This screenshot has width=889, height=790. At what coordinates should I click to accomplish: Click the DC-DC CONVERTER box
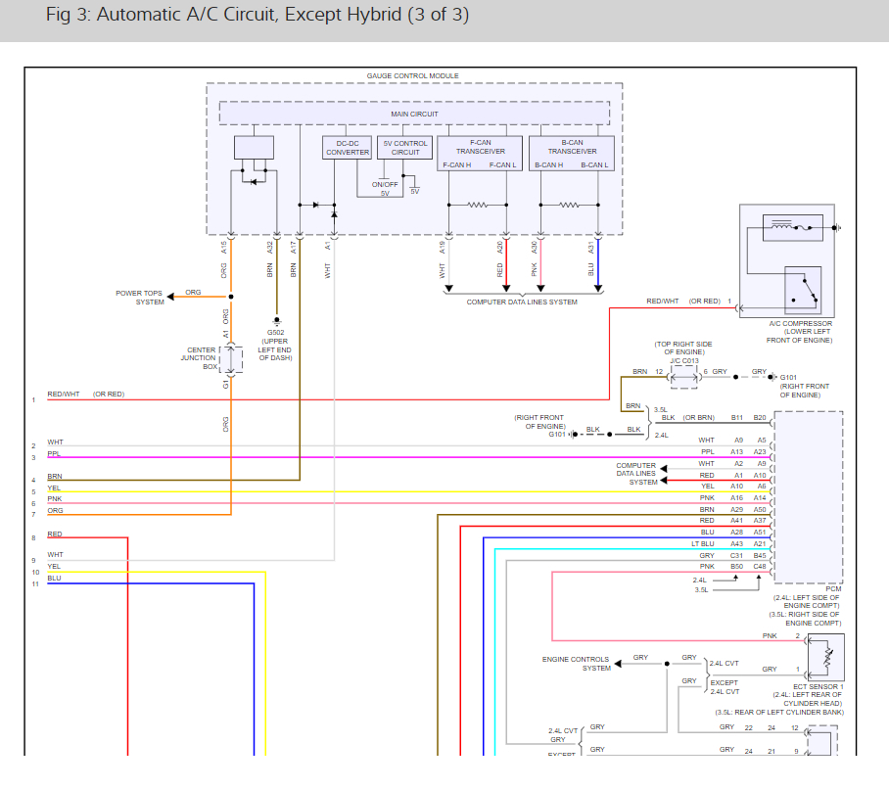click(347, 148)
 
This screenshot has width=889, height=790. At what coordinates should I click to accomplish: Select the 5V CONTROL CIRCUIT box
click(404, 148)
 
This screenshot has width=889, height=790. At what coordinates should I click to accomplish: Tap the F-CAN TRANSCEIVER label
click(480, 147)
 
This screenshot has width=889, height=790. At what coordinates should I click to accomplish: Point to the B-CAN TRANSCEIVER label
click(572, 147)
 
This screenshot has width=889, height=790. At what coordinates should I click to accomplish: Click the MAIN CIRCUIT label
click(414, 114)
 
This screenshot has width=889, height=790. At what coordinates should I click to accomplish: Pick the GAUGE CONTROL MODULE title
click(413, 75)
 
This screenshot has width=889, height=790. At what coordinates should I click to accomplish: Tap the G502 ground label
click(275, 333)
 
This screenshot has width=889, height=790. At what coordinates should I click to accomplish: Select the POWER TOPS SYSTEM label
click(139, 298)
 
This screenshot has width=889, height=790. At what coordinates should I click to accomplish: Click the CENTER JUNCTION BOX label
click(199, 358)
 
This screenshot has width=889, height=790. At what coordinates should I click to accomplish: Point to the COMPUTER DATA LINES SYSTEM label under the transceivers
click(522, 302)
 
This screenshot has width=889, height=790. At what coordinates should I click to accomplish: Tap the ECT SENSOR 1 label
click(819, 686)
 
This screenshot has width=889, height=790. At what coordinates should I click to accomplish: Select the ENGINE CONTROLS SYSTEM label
click(576, 664)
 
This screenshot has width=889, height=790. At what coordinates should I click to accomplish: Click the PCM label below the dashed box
click(833, 588)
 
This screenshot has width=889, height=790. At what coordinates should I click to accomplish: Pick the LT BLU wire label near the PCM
click(702, 544)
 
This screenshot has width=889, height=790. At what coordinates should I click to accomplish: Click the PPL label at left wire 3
click(54, 453)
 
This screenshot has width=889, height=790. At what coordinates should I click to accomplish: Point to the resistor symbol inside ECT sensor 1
click(828, 658)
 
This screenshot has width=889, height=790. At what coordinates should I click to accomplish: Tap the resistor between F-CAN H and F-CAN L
click(478, 206)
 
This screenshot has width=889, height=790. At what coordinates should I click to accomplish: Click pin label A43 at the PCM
click(736, 544)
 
